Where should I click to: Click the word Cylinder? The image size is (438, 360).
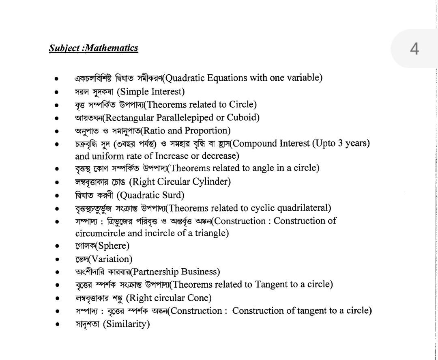coord(209,182)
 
